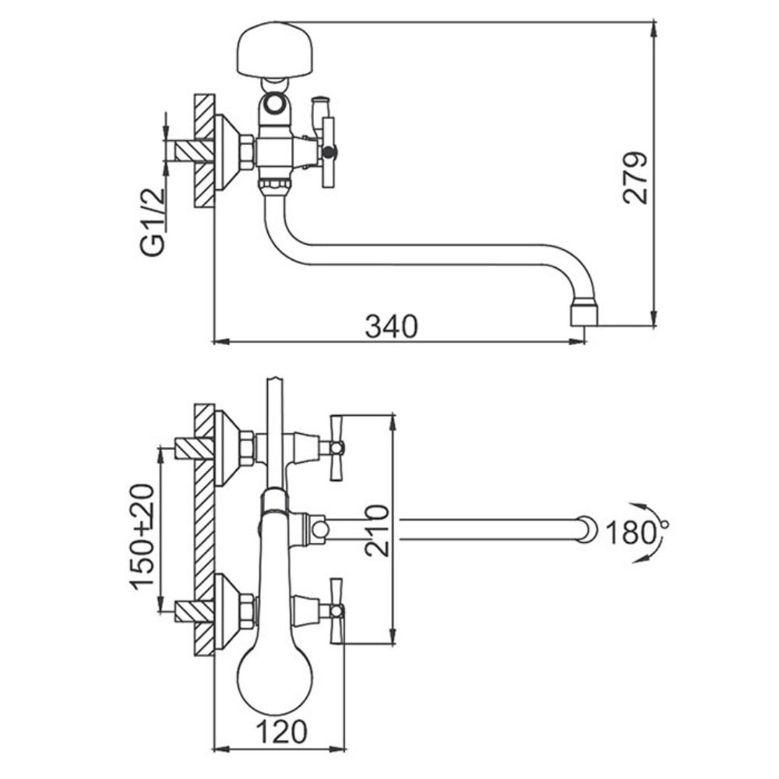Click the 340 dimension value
tap(392, 326)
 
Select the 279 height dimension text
tap(636, 178)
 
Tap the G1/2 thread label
tap(153, 221)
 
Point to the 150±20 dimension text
tap(143, 537)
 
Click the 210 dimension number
tap(376, 530)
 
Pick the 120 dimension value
tap(282, 731)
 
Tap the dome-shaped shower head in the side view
tap(277, 50)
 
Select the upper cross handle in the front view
tap(337, 448)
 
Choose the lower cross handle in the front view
tap(337, 611)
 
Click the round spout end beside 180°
tap(587, 529)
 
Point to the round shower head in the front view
tap(275, 682)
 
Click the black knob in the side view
tap(330, 152)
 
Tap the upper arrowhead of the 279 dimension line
tap(654, 30)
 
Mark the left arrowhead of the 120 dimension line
tap(221, 748)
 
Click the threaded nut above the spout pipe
tap(273, 186)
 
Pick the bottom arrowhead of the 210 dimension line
tap(393, 636)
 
